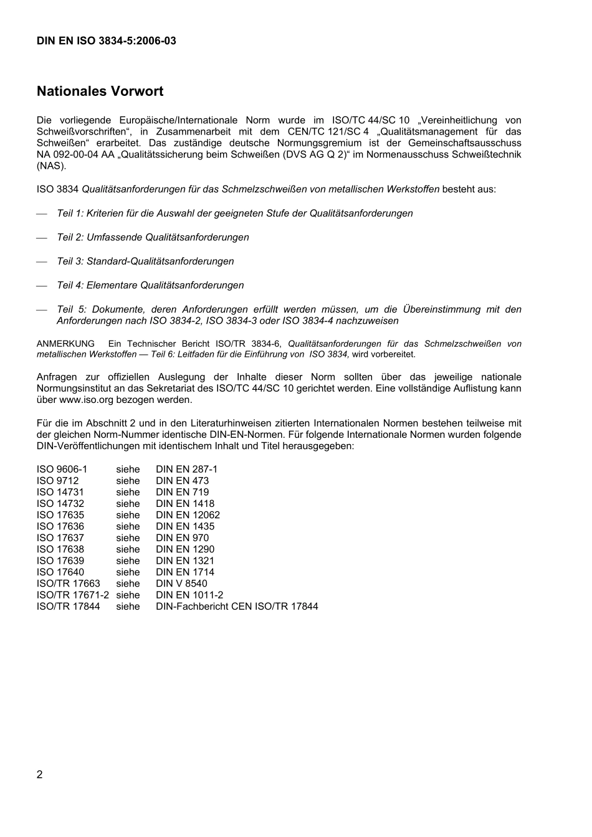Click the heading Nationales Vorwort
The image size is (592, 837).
click(100, 92)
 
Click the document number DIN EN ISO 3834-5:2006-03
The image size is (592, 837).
click(106, 41)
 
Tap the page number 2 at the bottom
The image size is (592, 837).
click(40, 774)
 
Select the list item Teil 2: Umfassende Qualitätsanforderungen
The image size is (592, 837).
click(153, 237)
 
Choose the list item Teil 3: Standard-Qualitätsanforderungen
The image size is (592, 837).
click(145, 262)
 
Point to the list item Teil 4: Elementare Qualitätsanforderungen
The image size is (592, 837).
click(150, 285)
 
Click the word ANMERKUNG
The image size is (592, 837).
click(65, 344)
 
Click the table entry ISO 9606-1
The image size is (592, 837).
click(62, 470)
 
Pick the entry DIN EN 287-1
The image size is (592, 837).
click(186, 470)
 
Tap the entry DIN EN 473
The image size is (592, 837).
click(182, 481)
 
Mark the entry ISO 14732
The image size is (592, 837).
click(60, 504)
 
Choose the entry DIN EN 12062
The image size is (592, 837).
click(188, 515)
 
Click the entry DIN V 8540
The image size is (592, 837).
click(181, 584)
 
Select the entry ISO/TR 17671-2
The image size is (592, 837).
click(72, 595)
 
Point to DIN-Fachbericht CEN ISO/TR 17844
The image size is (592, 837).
click(237, 607)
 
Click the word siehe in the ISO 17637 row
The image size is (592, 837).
click(128, 538)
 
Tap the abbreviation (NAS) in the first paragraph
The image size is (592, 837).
click(51, 166)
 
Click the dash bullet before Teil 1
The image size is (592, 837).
click(42, 214)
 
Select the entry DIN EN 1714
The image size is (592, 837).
click(184, 572)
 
